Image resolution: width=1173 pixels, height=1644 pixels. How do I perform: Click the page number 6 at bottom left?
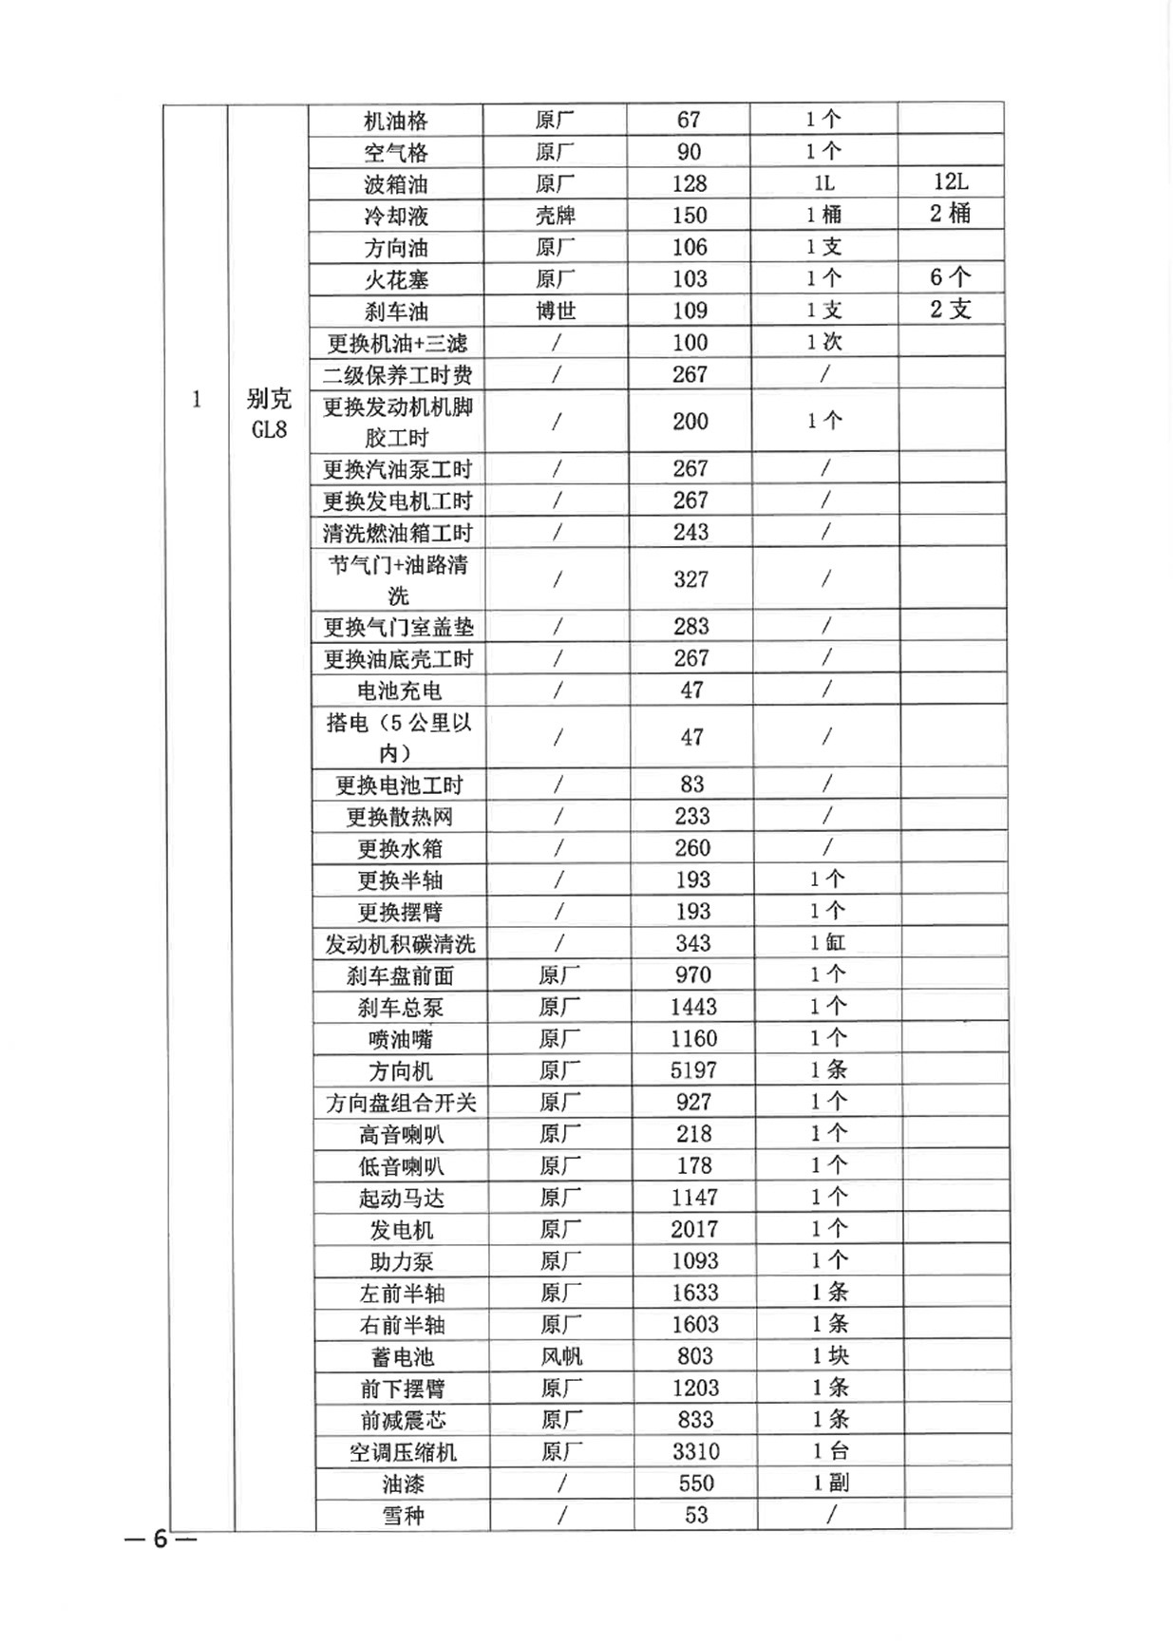click(161, 1539)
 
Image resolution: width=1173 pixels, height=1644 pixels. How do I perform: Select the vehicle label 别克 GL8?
click(269, 414)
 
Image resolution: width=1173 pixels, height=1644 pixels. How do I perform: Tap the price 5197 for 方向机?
click(693, 1070)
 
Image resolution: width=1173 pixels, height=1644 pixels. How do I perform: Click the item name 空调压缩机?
click(403, 1452)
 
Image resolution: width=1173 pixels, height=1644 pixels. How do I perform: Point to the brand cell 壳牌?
click(556, 216)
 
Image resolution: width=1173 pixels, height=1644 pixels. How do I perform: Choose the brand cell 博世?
click(556, 311)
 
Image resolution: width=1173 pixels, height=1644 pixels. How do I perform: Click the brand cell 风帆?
click(561, 1356)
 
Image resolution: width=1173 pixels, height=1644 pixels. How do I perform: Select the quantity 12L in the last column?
click(951, 181)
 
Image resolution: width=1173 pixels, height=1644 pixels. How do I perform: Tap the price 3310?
click(695, 1451)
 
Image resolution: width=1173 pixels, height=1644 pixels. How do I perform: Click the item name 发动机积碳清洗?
click(400, 944)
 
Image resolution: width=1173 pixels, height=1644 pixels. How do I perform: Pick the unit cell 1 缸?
click(827, 943)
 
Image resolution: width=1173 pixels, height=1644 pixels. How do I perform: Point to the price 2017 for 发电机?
click(694, 1229)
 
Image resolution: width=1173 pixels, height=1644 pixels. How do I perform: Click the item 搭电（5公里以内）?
click(398, 737)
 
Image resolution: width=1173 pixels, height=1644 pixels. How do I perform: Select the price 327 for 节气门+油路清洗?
click(691, 579)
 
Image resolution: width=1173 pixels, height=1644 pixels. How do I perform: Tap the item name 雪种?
click(403, 1516)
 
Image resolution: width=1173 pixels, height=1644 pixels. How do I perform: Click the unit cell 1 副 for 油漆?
click(831, 1483)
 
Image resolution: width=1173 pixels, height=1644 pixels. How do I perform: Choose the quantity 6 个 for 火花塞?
click(950, 277)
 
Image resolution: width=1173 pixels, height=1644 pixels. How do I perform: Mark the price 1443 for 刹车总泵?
click(693, 1007)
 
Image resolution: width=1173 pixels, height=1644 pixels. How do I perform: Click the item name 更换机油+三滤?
click(397, 343)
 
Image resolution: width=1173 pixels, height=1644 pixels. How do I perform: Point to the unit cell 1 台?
click(831, 1451)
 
